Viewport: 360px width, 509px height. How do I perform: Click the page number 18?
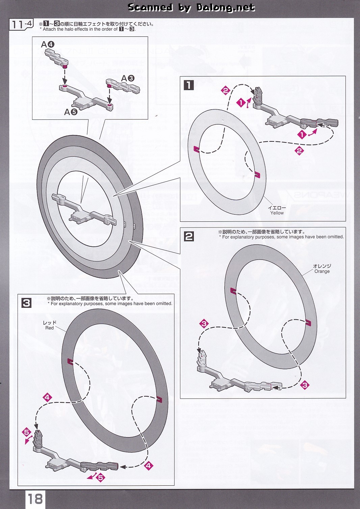pyautogui.click(x=35, y=499)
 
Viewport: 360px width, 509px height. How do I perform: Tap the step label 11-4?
pyautogui.click(x=22, y=25)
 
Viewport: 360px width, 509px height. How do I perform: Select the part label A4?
pyautogui.click(x=48, y=44)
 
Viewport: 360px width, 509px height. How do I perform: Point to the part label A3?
pyautogui.click(x=128, y=78)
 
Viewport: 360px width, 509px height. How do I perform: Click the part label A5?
pyautogui.click(x=71, y=112)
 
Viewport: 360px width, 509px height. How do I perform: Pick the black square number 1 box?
pyautogui.click(x=188, y=85)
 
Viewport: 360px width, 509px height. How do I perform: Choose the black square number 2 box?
pyautogui.click(x=189, y=236)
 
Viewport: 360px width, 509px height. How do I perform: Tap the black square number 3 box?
pyautogui.click(x=26, y=303)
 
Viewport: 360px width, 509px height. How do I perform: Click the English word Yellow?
pyautogui.click(x=277, y=213)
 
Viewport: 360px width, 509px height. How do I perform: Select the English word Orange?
pyautogui.click(x=322, y=271)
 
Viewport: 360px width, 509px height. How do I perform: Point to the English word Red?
pyautogui.click(x=49, y=328)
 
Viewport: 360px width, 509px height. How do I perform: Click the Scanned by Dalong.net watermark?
pyautogui.click(x=191, y=7)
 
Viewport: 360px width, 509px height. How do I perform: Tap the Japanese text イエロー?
pyautogui.click(x=277, y=208)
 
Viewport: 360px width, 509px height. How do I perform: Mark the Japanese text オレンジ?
pyautogui.click(x=322, y=266)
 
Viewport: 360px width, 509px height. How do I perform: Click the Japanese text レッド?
pyautogui.click(x=50, y=323)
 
